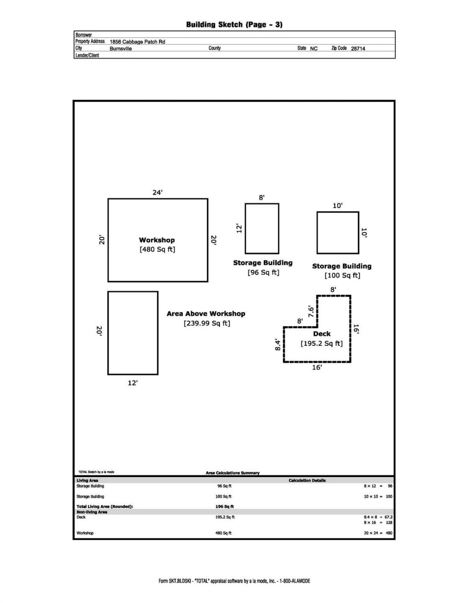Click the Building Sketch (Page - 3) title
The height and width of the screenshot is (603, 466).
[234, 24]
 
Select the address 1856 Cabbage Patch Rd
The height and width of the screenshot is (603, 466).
[137, 42]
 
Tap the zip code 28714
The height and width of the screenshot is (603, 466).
[358, 49]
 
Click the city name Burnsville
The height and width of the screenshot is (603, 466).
[121, 49]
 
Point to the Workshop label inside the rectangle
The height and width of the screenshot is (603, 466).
[157, 240]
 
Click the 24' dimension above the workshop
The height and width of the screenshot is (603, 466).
[157, 193]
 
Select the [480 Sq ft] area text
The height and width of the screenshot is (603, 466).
[157, 250]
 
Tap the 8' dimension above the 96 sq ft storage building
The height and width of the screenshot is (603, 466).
[262, 198]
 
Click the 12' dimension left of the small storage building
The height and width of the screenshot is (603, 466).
[239, 228]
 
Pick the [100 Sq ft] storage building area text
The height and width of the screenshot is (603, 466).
[342, 276]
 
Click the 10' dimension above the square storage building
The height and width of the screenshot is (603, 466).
[337, 206]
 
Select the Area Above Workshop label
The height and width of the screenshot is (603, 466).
[206, 314]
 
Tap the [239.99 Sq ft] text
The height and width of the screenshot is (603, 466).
[207, 323]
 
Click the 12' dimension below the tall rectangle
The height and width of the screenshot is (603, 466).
[133, 383]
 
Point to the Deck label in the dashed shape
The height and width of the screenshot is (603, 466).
[322, 334]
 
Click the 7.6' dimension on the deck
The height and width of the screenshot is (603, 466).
[311, 311]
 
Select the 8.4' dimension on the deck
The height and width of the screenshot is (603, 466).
[278, 345]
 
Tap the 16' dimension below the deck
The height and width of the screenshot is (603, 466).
[317, 367]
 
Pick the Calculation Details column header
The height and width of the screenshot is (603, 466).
[307, 480]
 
